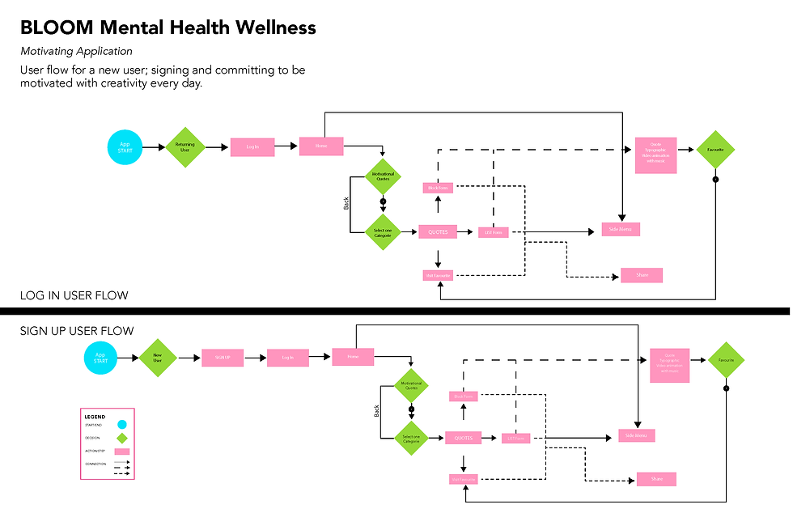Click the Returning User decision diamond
(x=185, y=147)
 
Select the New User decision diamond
(x=157, y=357)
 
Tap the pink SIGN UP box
(x=223, y=358)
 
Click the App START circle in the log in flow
(x=125, y=147)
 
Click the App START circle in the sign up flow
(x=100, y=358)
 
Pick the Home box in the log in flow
(x=321, y=146)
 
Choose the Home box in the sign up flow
(x=353, y=357)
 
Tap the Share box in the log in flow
(x=642, y=275)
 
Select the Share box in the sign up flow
(x=656, y=479)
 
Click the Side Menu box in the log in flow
(x=621, y=230)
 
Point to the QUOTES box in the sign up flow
(x=464, y=438)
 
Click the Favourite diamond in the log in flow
(x=715, y=150)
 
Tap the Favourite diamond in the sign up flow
(x=726, y=360)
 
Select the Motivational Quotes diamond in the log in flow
(x=383, y=176)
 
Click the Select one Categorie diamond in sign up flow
(x=410, y=439)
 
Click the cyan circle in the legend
(x=121, y=424)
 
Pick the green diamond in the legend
(x=121, y=438)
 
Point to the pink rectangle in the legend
(x=121, y=452)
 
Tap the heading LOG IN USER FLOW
(x=74, y=295)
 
